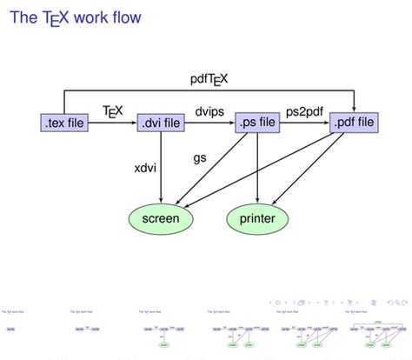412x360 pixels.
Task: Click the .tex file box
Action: pos(65,123)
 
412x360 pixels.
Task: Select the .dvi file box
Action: pos(161,123)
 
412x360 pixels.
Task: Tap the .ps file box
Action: pos(257,123)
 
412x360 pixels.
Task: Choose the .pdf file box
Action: pos(354,123)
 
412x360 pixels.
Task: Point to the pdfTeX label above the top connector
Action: pos(209,80)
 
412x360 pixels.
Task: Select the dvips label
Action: pos(209,111)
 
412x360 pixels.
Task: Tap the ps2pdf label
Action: pos(305,111)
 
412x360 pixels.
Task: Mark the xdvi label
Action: pos(145,168)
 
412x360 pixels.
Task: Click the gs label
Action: pos(199,159)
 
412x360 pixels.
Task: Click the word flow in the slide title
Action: pos(123,17)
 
